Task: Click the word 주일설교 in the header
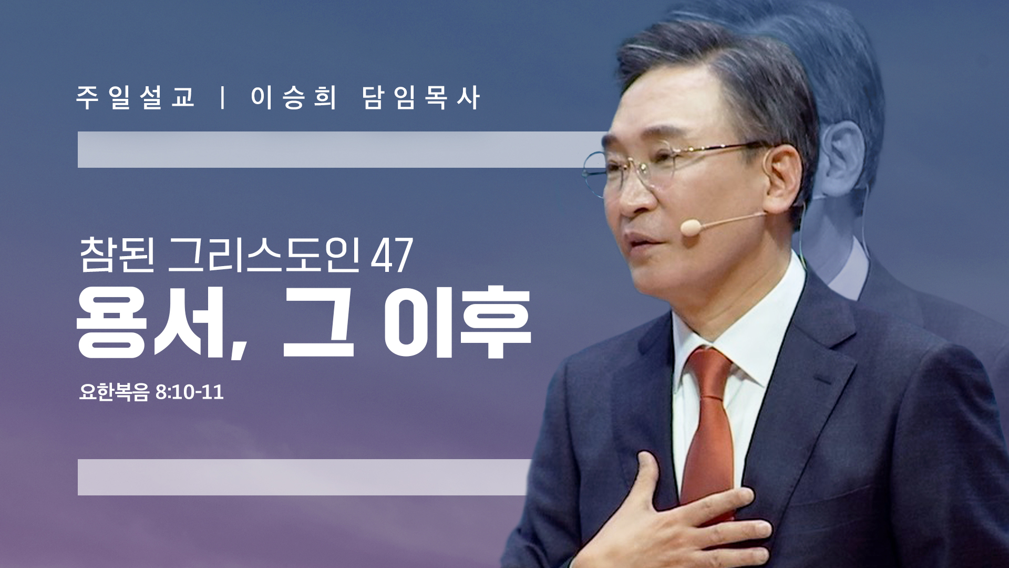(136, 98)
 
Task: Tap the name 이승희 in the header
(293, 98)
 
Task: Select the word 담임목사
(421, 98)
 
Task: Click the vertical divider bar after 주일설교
(223, 98)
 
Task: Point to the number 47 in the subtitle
(392, 256)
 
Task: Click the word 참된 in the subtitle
(117, 255)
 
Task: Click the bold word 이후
(457, 322)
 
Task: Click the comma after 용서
(239, 348)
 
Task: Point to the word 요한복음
(114, 392)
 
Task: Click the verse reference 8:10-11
(190, 392)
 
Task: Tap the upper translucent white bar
(342, 150)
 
